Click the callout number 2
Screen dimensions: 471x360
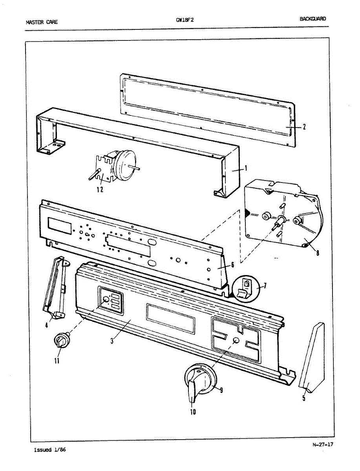click(x=304, y=126)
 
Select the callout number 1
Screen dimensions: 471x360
click(x=246, y=168)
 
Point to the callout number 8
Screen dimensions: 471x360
click(x=317, y=253)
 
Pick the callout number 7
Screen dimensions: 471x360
click(x=265, y=285)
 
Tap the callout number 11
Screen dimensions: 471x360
click(x=57, y=361)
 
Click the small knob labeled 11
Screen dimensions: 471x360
click(x=61, y=339)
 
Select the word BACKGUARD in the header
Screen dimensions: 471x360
click(x=313, y=19)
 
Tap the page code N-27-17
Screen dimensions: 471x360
click(x=323, y=445)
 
